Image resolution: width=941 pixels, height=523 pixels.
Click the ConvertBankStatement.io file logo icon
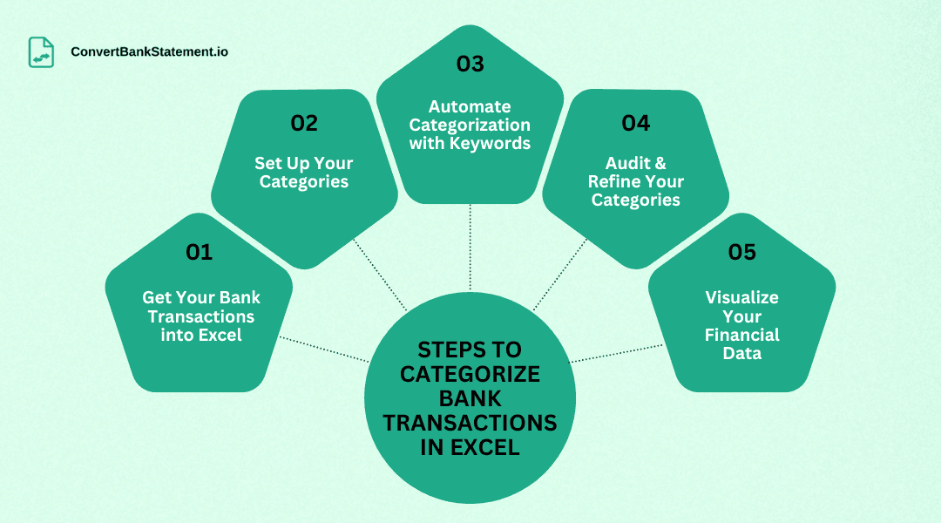pos(41,52)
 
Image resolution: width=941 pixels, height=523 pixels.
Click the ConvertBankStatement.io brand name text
pos(149,52)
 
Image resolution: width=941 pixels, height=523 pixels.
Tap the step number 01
pos(199,253)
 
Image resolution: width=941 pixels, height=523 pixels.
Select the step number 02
pos(303,124)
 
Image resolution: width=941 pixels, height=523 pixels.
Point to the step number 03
pos(470,65)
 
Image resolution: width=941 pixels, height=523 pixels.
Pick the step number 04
pos(635,124)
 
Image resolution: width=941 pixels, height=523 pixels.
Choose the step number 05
pos(741,253)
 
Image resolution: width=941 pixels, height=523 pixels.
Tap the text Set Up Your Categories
pos(303,173)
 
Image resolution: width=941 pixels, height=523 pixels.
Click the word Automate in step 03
pos(470,107)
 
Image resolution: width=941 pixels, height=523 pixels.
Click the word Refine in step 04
pos(613,181)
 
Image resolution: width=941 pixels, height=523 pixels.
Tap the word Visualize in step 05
pos(741,297)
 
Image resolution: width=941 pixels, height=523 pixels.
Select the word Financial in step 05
pos(741,335)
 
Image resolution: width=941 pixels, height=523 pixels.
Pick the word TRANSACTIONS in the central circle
pos(470,423)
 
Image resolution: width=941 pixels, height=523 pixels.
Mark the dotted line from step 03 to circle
pos(470,248)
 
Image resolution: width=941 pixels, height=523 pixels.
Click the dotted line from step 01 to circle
pos(322,349)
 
